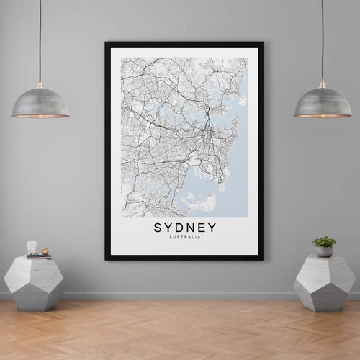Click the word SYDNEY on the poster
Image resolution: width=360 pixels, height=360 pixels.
pos(184,228)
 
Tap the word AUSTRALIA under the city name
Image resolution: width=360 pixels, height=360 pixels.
pos(184,238)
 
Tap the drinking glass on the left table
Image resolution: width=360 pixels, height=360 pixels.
pos(32,248)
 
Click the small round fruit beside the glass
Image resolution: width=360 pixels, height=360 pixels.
pos(45,251)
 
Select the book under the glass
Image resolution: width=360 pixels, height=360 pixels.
pos(38,256)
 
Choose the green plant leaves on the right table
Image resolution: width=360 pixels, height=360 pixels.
pos(324,241)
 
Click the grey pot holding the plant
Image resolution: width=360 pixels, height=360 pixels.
pos(325,251)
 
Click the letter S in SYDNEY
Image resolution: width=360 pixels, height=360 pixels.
pos(158,228)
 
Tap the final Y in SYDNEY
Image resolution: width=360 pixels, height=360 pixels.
pos(211,228)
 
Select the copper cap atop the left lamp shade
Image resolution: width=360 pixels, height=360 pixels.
pos(40,84)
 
